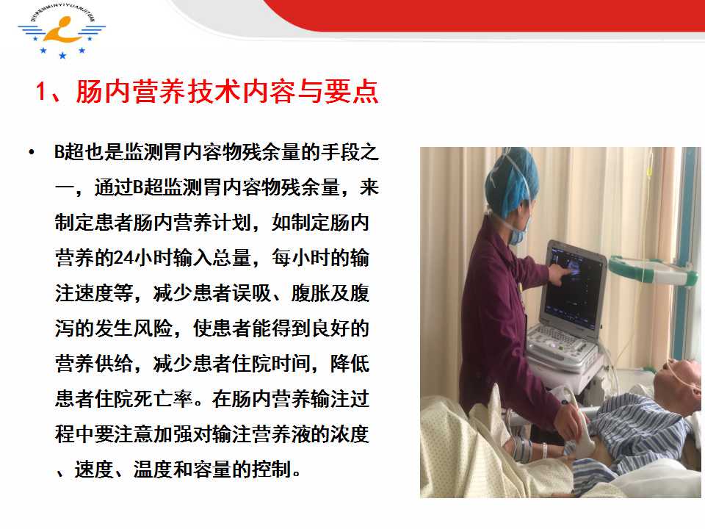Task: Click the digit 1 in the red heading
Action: [x=41, y=91]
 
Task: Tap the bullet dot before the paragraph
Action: [x=31, y=152]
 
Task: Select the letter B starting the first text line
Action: [x=59, y=152]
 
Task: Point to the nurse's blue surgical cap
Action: [x=512, y=182]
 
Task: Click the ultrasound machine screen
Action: [x=574, y=286]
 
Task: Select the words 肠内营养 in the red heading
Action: [x=131, y=92]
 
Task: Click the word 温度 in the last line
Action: [x=153, y=469]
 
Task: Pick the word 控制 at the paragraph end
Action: [x=272, y=469]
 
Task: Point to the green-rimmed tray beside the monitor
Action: [x=651, y=269]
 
